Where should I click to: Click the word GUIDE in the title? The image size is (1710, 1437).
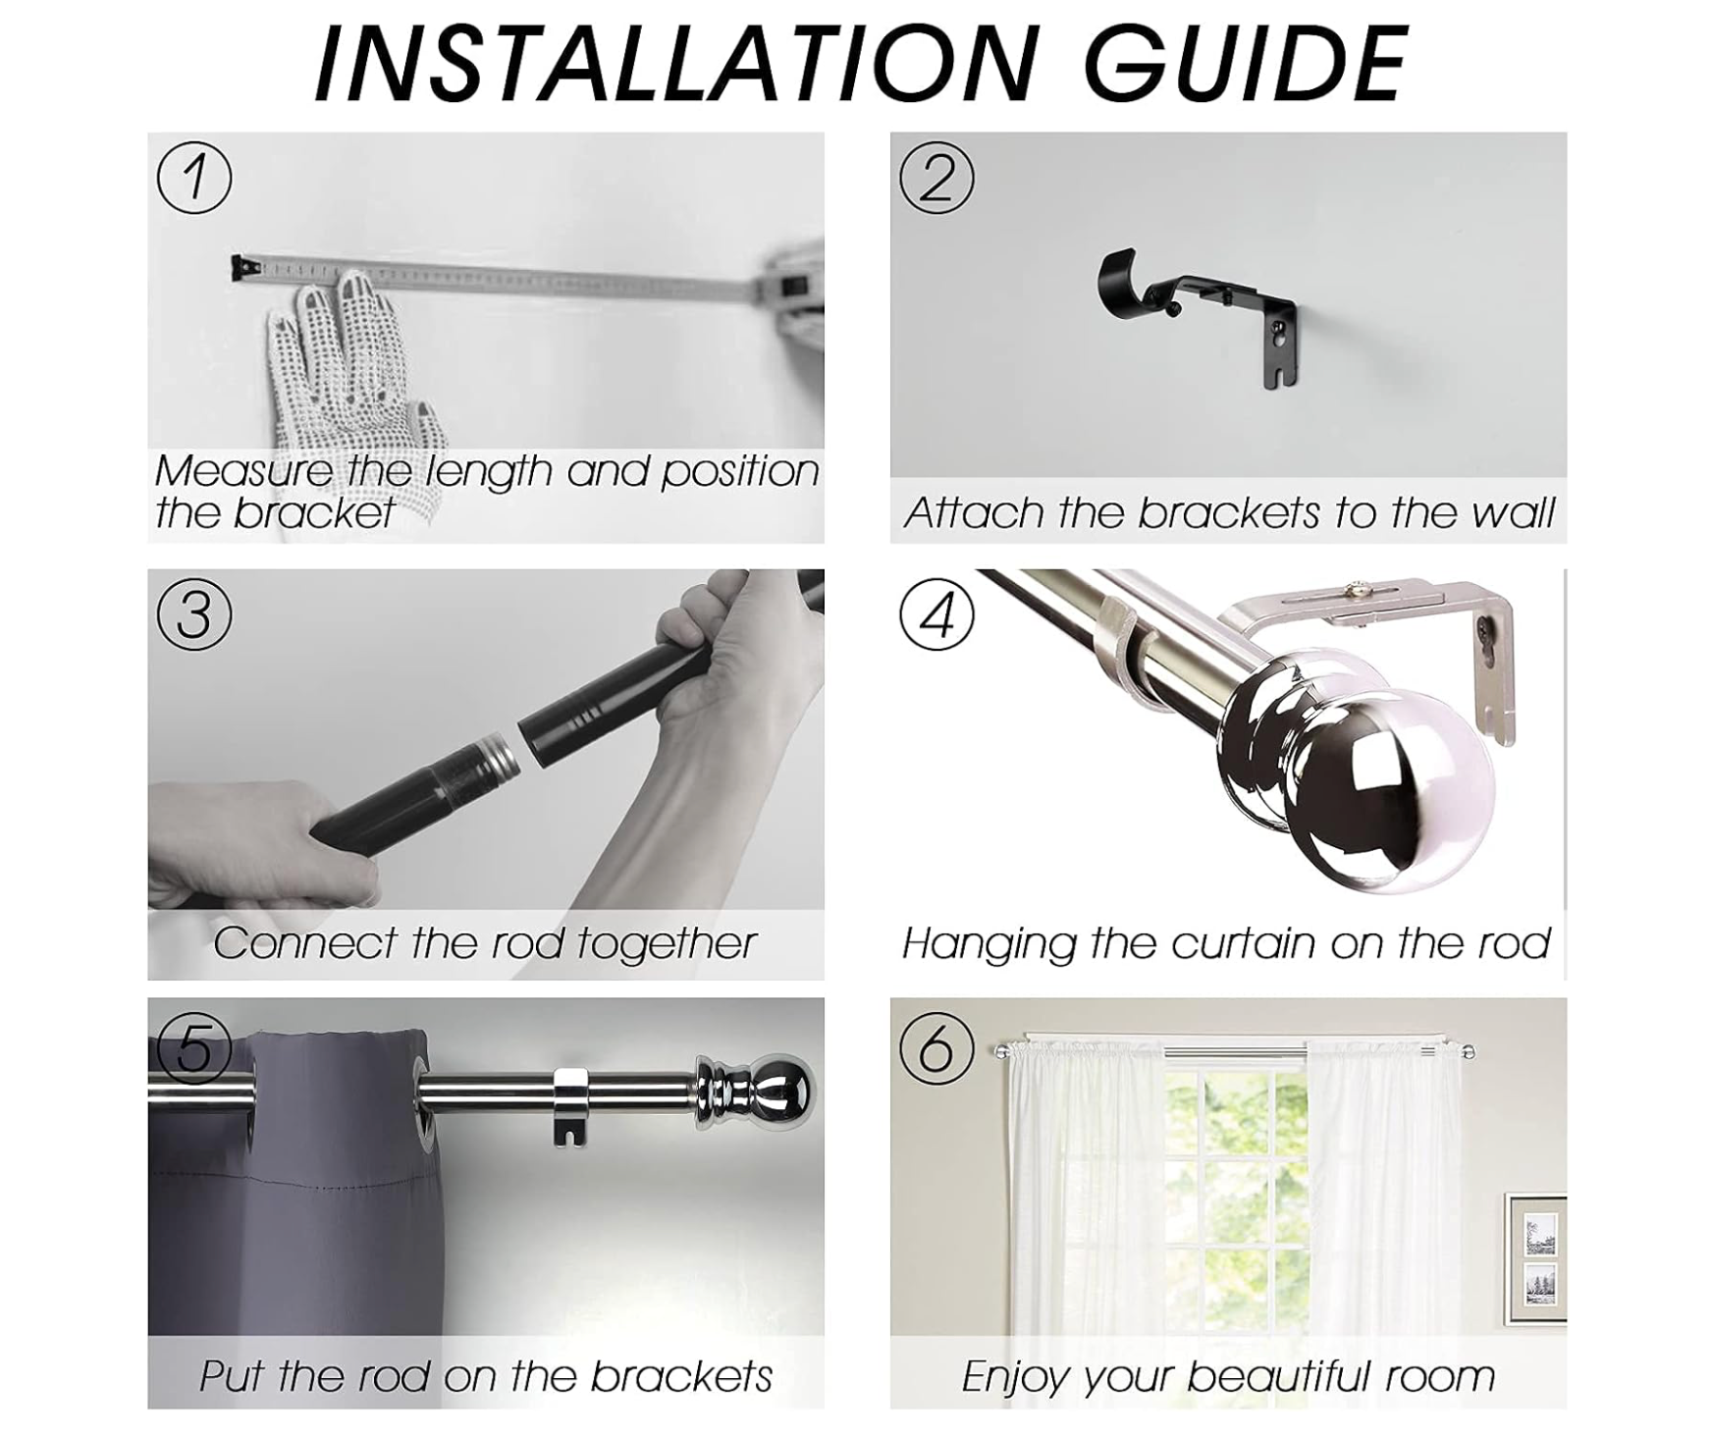click(1246, 64)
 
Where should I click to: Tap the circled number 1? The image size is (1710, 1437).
click(194, 178)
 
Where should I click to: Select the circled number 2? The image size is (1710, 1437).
click(936, 178)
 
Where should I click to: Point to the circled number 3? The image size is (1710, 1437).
click(194, 615)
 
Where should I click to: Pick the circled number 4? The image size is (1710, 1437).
click(936, 615)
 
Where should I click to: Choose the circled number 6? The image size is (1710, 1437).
click(936, 1047)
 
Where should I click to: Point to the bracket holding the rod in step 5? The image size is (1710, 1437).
click(571, 1104)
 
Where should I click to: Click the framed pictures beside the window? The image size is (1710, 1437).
click(1536, 1258)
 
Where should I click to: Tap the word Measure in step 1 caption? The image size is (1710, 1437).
click(243, 471)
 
